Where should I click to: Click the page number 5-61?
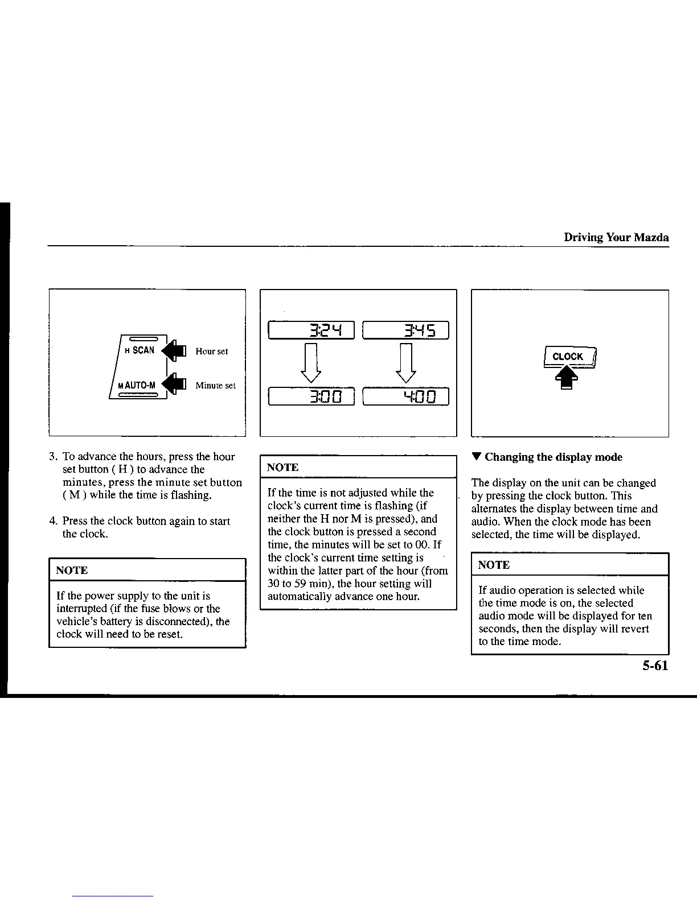click(654, 666)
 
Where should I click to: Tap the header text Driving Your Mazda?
click(616, 238)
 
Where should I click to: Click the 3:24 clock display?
click(311, 330)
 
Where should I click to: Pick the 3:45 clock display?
click(406, 330)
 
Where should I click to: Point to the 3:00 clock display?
click(311, 396)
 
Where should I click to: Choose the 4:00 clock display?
click(406, 396)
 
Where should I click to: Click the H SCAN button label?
click(140, 350)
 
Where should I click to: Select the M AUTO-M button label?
click(137, 385)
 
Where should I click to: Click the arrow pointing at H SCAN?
click(174, 350)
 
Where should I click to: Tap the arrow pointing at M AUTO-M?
click(174, 385)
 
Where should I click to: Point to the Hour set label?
click(211, 352)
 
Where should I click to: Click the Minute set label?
click(215, 386)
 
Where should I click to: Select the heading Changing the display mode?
click(553, 457)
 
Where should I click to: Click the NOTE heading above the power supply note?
click(72, 570)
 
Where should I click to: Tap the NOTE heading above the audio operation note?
click(494, 565)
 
